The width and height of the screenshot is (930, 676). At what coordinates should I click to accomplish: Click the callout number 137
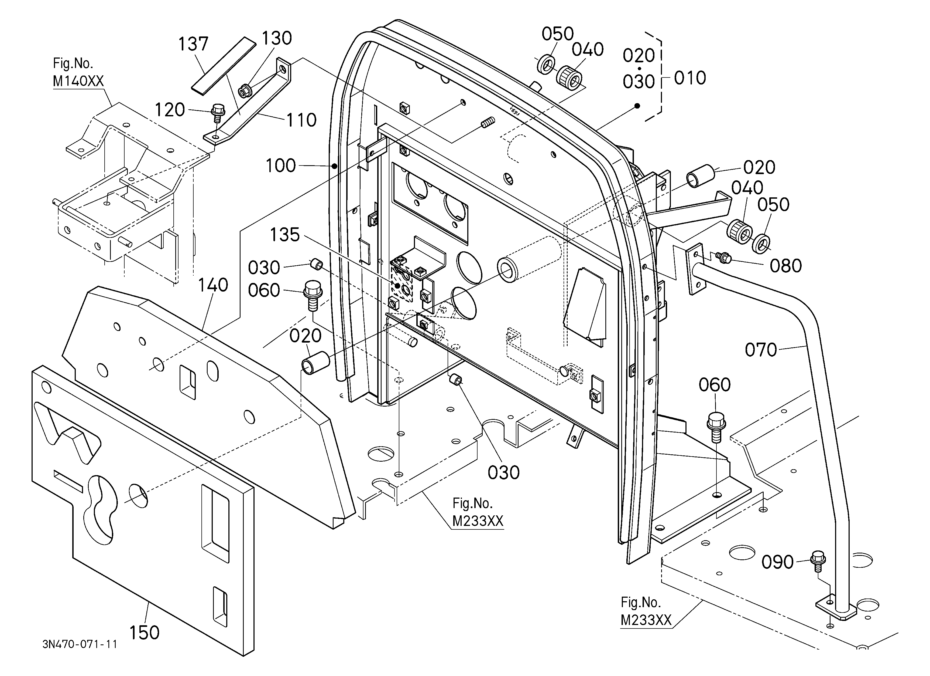(193, 44)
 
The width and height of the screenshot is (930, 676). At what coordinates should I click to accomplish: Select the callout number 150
(144, 633)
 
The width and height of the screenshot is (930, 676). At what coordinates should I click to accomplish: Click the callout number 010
(690, 78)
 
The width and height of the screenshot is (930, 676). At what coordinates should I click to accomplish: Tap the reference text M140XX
(78, 81)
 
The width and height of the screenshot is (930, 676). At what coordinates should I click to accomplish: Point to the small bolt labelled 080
(724, 257)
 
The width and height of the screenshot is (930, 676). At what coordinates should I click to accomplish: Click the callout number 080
(786, 266)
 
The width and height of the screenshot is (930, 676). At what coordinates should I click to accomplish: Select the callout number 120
(170, 110)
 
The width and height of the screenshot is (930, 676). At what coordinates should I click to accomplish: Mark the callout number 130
(277, 38)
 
